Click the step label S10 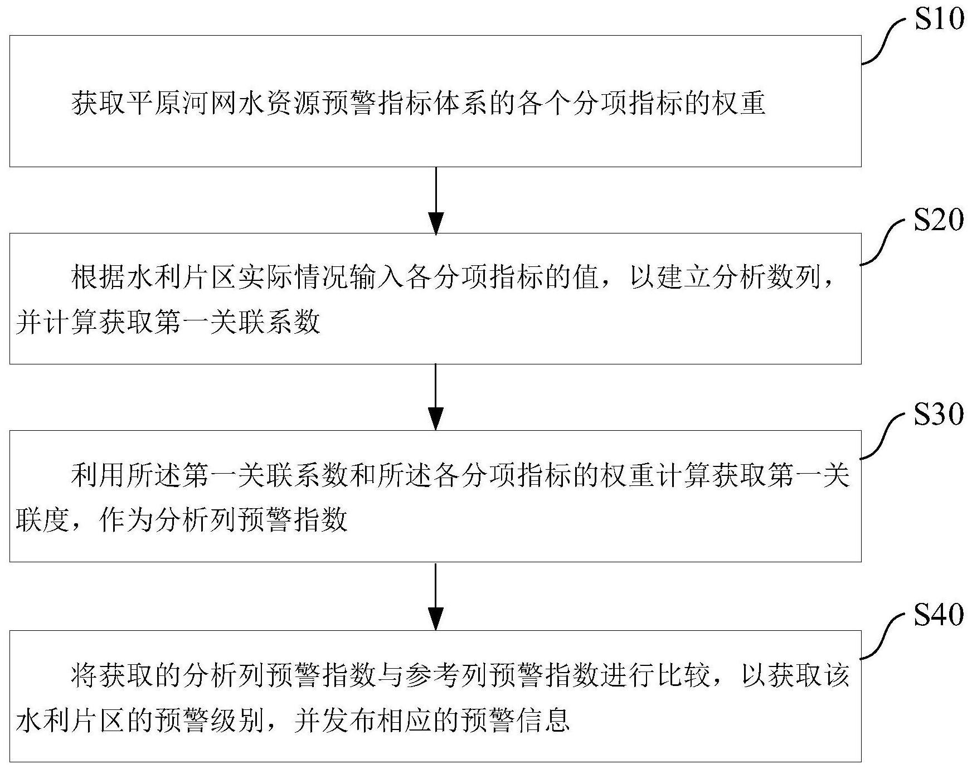coord(939,20)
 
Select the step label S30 coord(939,415)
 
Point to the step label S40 coord(939,615)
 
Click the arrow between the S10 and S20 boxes coord(435,200)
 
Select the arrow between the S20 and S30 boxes coord(435,397)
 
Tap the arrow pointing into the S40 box coord(435,596)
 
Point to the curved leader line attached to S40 coord(886,636)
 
